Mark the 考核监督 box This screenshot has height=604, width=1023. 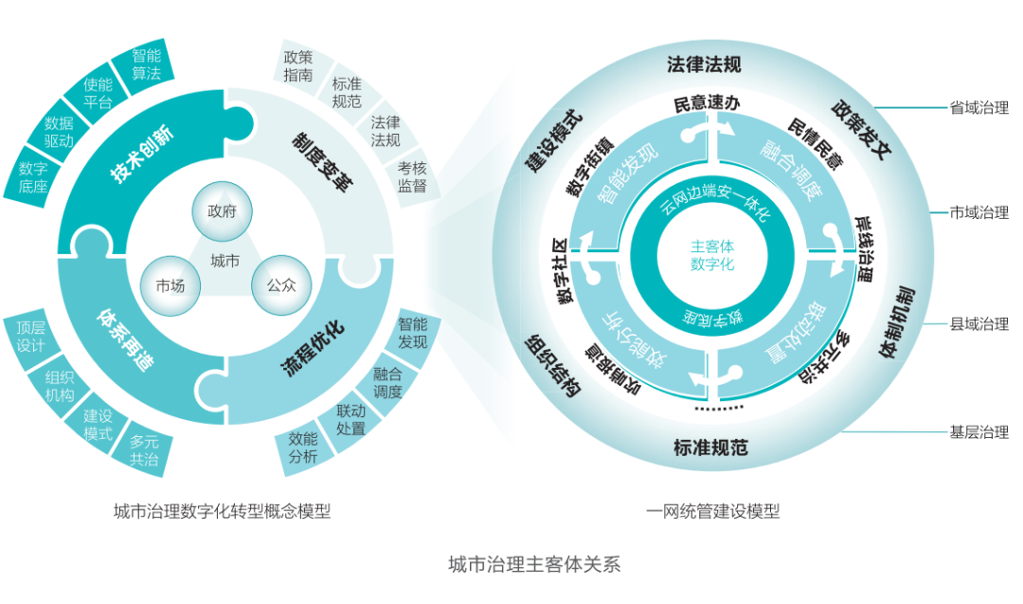tap(412, 176)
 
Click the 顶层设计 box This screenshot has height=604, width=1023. tap(30, 337)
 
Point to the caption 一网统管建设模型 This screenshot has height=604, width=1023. tap(713, 512)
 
